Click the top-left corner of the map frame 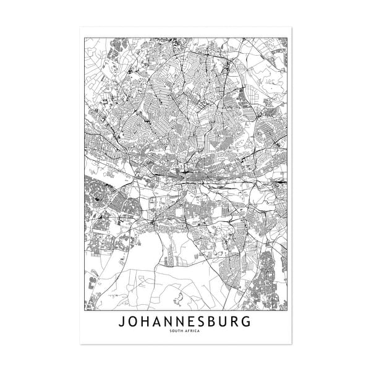[x=85, y=37]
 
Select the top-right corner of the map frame [x=287, y=37]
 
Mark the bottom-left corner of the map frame [x=85, y=310]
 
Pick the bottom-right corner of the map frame [x=287, y=310]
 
